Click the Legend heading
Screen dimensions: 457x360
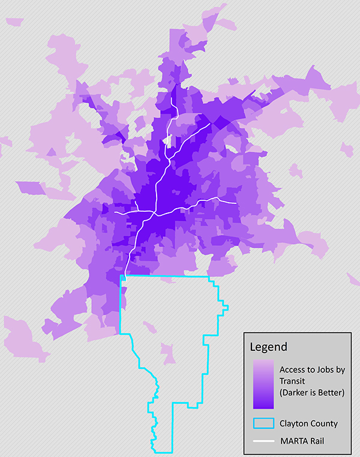tap(269, 347)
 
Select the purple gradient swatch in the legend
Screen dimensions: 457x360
tap(263, 384)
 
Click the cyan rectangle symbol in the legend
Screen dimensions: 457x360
tap(263, 424)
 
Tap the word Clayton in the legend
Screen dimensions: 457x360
tap(294, 424)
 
